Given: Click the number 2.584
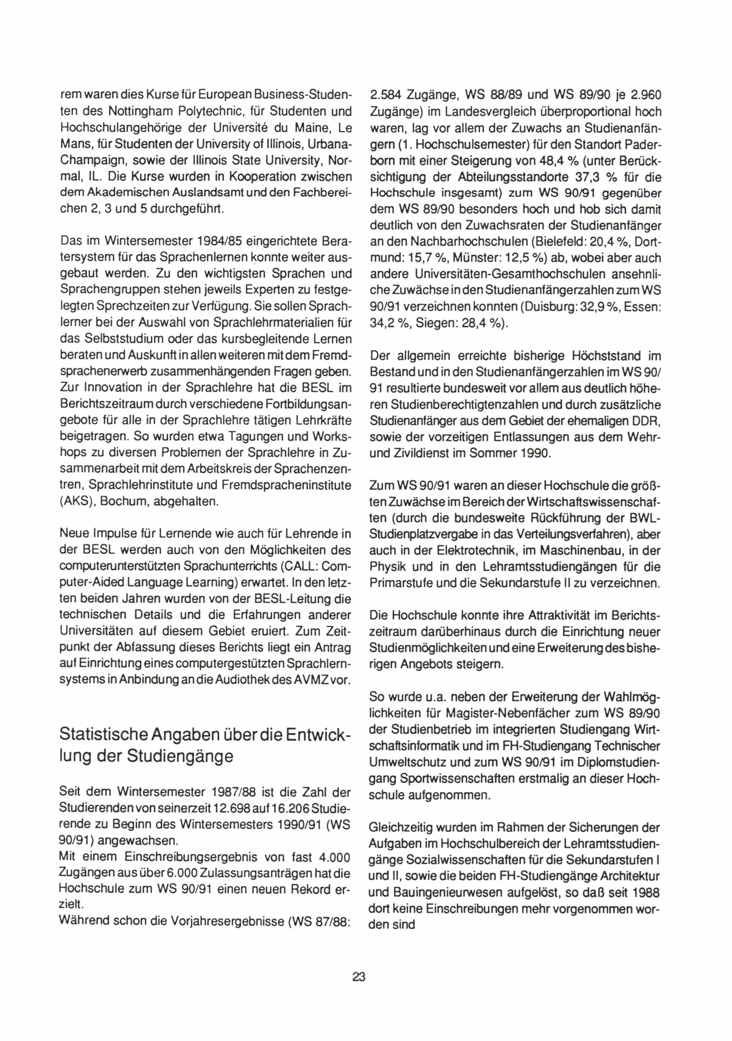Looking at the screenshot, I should coord(388,95).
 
